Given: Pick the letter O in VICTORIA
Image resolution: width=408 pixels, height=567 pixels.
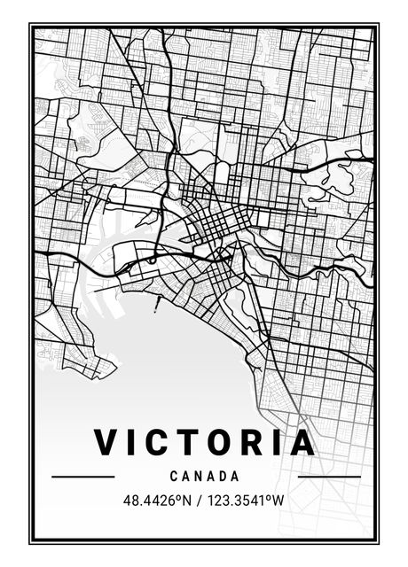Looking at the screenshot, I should (x=218, y=442).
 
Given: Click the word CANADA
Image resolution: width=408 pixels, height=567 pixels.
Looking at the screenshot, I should (x=205, y=476).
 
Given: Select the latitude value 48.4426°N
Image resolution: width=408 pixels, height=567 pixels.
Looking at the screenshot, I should (x=157, y=501).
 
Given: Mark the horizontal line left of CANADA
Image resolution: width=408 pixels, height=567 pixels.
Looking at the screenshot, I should (x=83, y=477).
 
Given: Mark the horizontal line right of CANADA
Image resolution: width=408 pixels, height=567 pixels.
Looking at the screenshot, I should (x=329, y=477).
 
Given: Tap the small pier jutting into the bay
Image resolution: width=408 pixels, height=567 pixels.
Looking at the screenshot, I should (x=157, y=306).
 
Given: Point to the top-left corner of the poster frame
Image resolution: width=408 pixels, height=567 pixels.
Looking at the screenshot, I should (x=30, y=25).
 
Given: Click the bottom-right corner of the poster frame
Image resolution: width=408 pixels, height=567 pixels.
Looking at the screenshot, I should (x=378, y=542).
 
